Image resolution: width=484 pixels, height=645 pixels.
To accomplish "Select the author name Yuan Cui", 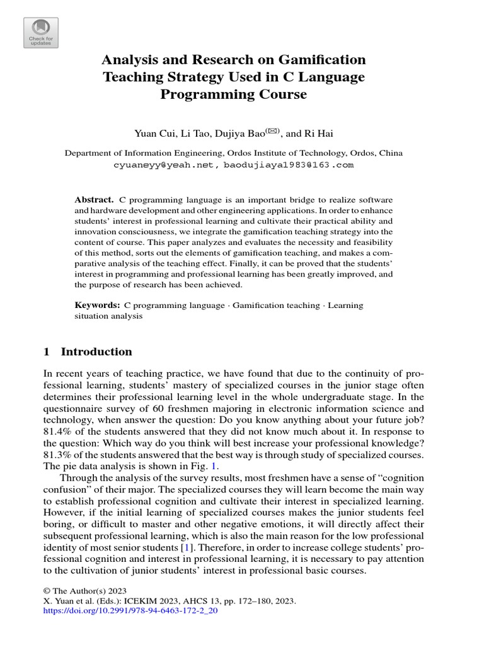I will (x=153, y=133).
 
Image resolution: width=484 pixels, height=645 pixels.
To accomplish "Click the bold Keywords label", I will (x=97, y=305).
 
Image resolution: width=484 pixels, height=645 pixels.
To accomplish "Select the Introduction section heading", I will (x=96, y=351).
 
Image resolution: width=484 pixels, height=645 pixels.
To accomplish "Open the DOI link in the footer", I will (x=130, y=611).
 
